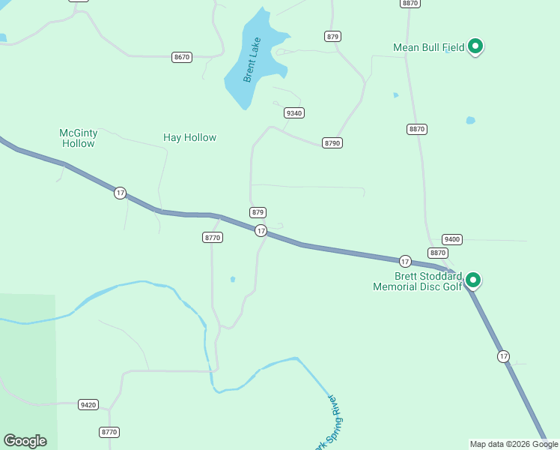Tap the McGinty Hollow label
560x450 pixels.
[x=79, y=138]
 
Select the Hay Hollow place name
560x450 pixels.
[x=189, y=137]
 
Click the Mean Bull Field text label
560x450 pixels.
[x=429, y=47]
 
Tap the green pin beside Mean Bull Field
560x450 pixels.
[x=475, y=46]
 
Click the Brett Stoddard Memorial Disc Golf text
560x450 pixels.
[x=419, y=281]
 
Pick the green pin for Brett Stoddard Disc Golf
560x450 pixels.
[x=472, y=280]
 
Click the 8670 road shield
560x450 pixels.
[x=182, y=57]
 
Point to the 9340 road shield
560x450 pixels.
[x=294, y=112]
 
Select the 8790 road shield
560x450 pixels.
[x=332, y=142]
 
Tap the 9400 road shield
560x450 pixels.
[x=452, y=239]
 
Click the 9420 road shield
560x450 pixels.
[x=88, y=405]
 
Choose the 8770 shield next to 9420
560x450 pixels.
[x=109, y=432]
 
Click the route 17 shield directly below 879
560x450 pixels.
[x=261, y=230]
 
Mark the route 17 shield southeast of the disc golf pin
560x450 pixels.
[x=503, y=356]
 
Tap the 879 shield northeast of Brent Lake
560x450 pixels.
[x=333, y=36]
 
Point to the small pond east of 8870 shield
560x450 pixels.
[x=470, y=120]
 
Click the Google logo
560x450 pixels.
[x=25, y=441]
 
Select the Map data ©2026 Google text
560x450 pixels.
[x=514, y=444]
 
